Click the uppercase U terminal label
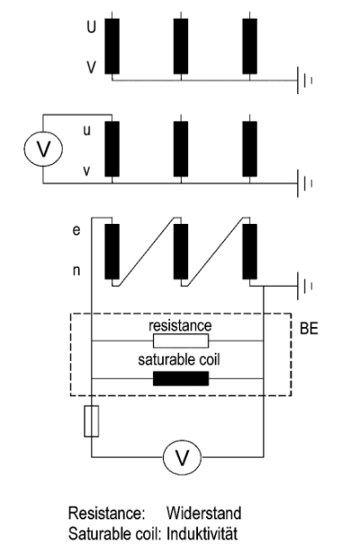[x=91, y=27]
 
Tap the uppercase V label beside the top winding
[x=91, y=67]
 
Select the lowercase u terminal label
[x=87, y=131]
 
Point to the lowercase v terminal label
[x=86, y=171]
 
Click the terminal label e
[x=76, y=231]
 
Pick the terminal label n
[x=76, y=270]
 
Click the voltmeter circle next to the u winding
[x=43, y=149]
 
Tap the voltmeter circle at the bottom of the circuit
[x=182, y=458]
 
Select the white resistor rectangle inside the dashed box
[x=181, y=341]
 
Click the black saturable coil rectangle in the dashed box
[x=181, y=379]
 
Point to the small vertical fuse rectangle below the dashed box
[x=91, y=421]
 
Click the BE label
[x=309, y=329]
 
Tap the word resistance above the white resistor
[x=180, y=326]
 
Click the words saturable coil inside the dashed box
[x=179, y=360]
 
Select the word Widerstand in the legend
[x=204, y=513]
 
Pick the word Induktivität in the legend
[x=202, y=534]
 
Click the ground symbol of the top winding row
[x=304, y=81]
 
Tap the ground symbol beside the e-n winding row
[x=304, y=286]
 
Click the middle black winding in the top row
[x=181, y=47]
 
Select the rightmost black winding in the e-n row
[x=250, y=252]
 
